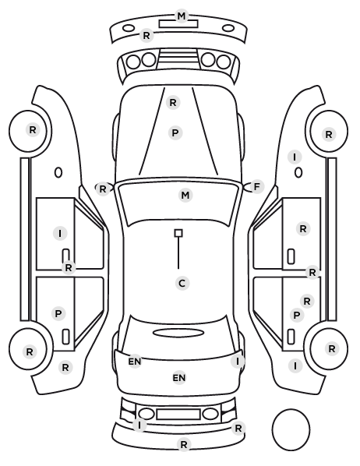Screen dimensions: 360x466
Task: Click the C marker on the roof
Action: (182, 283)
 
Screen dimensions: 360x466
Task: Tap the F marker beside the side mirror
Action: (257, 187)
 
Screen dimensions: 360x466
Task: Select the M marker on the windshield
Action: (185, 196)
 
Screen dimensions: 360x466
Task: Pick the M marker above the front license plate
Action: (182, 16)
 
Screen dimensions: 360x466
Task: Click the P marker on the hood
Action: (175, 132)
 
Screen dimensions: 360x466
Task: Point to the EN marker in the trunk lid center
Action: (179, 378)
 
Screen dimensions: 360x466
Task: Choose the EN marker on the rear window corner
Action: (135, 362)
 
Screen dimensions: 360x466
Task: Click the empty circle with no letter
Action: (291, 429)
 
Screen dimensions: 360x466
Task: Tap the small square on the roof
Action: (178, 233)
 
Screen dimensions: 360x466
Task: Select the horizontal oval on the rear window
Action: (178, 333)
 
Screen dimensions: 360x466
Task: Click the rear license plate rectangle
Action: (178, 415)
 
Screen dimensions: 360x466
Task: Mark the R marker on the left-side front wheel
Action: (33, 130)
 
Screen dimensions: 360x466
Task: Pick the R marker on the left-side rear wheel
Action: (30, 352)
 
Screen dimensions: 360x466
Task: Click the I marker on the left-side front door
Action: (60, 233)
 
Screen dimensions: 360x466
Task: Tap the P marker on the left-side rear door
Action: (58, 313)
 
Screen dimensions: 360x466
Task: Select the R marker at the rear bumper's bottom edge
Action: (184, 445)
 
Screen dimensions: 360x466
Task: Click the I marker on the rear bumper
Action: (139, 425)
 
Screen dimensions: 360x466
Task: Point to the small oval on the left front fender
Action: (58, 172)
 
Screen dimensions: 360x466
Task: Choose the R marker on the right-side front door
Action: (303, 229)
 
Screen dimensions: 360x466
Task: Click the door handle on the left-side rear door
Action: (65, 337)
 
